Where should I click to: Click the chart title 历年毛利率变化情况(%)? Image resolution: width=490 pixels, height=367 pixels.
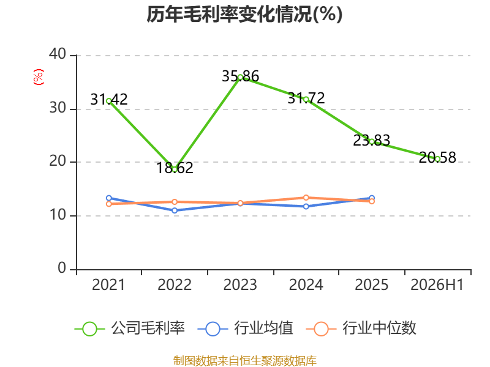[x=244, y=15]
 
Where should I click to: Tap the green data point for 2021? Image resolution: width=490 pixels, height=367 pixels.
[x=109, y=101]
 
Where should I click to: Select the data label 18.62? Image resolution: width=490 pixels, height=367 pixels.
[x=175, y=168]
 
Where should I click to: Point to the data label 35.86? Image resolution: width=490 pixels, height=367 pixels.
[x=240, y=76]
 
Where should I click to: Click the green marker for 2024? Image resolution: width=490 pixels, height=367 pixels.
[x=306, y=100]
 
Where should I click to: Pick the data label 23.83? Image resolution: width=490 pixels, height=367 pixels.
[x=372, y=140]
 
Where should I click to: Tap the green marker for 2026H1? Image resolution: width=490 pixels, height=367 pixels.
[x=437, y=159]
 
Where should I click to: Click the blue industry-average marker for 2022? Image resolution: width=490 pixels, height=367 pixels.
[x=175, y=210]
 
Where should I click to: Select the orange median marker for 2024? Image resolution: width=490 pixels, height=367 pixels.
[x=306, y=198]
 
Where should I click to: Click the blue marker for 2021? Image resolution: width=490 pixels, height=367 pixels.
[x=109, y=198]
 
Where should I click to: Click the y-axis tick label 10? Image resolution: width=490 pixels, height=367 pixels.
[x=58, y=215]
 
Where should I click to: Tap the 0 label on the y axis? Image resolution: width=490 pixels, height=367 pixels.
[x=62, y=268]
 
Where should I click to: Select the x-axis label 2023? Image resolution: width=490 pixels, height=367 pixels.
[x=240, y=285]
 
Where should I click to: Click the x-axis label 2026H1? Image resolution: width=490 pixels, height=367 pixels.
[x=437, y=285]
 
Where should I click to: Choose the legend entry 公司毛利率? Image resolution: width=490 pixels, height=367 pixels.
[x=130, y=328]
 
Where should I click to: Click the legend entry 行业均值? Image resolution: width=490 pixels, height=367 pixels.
[x=246, y=328]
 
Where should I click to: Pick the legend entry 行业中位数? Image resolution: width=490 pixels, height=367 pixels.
[x=361, y=328]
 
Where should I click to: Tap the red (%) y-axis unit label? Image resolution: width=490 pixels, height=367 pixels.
[x=39, y=77]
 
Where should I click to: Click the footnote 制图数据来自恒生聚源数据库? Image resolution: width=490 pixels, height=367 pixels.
[x=245, y=361]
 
